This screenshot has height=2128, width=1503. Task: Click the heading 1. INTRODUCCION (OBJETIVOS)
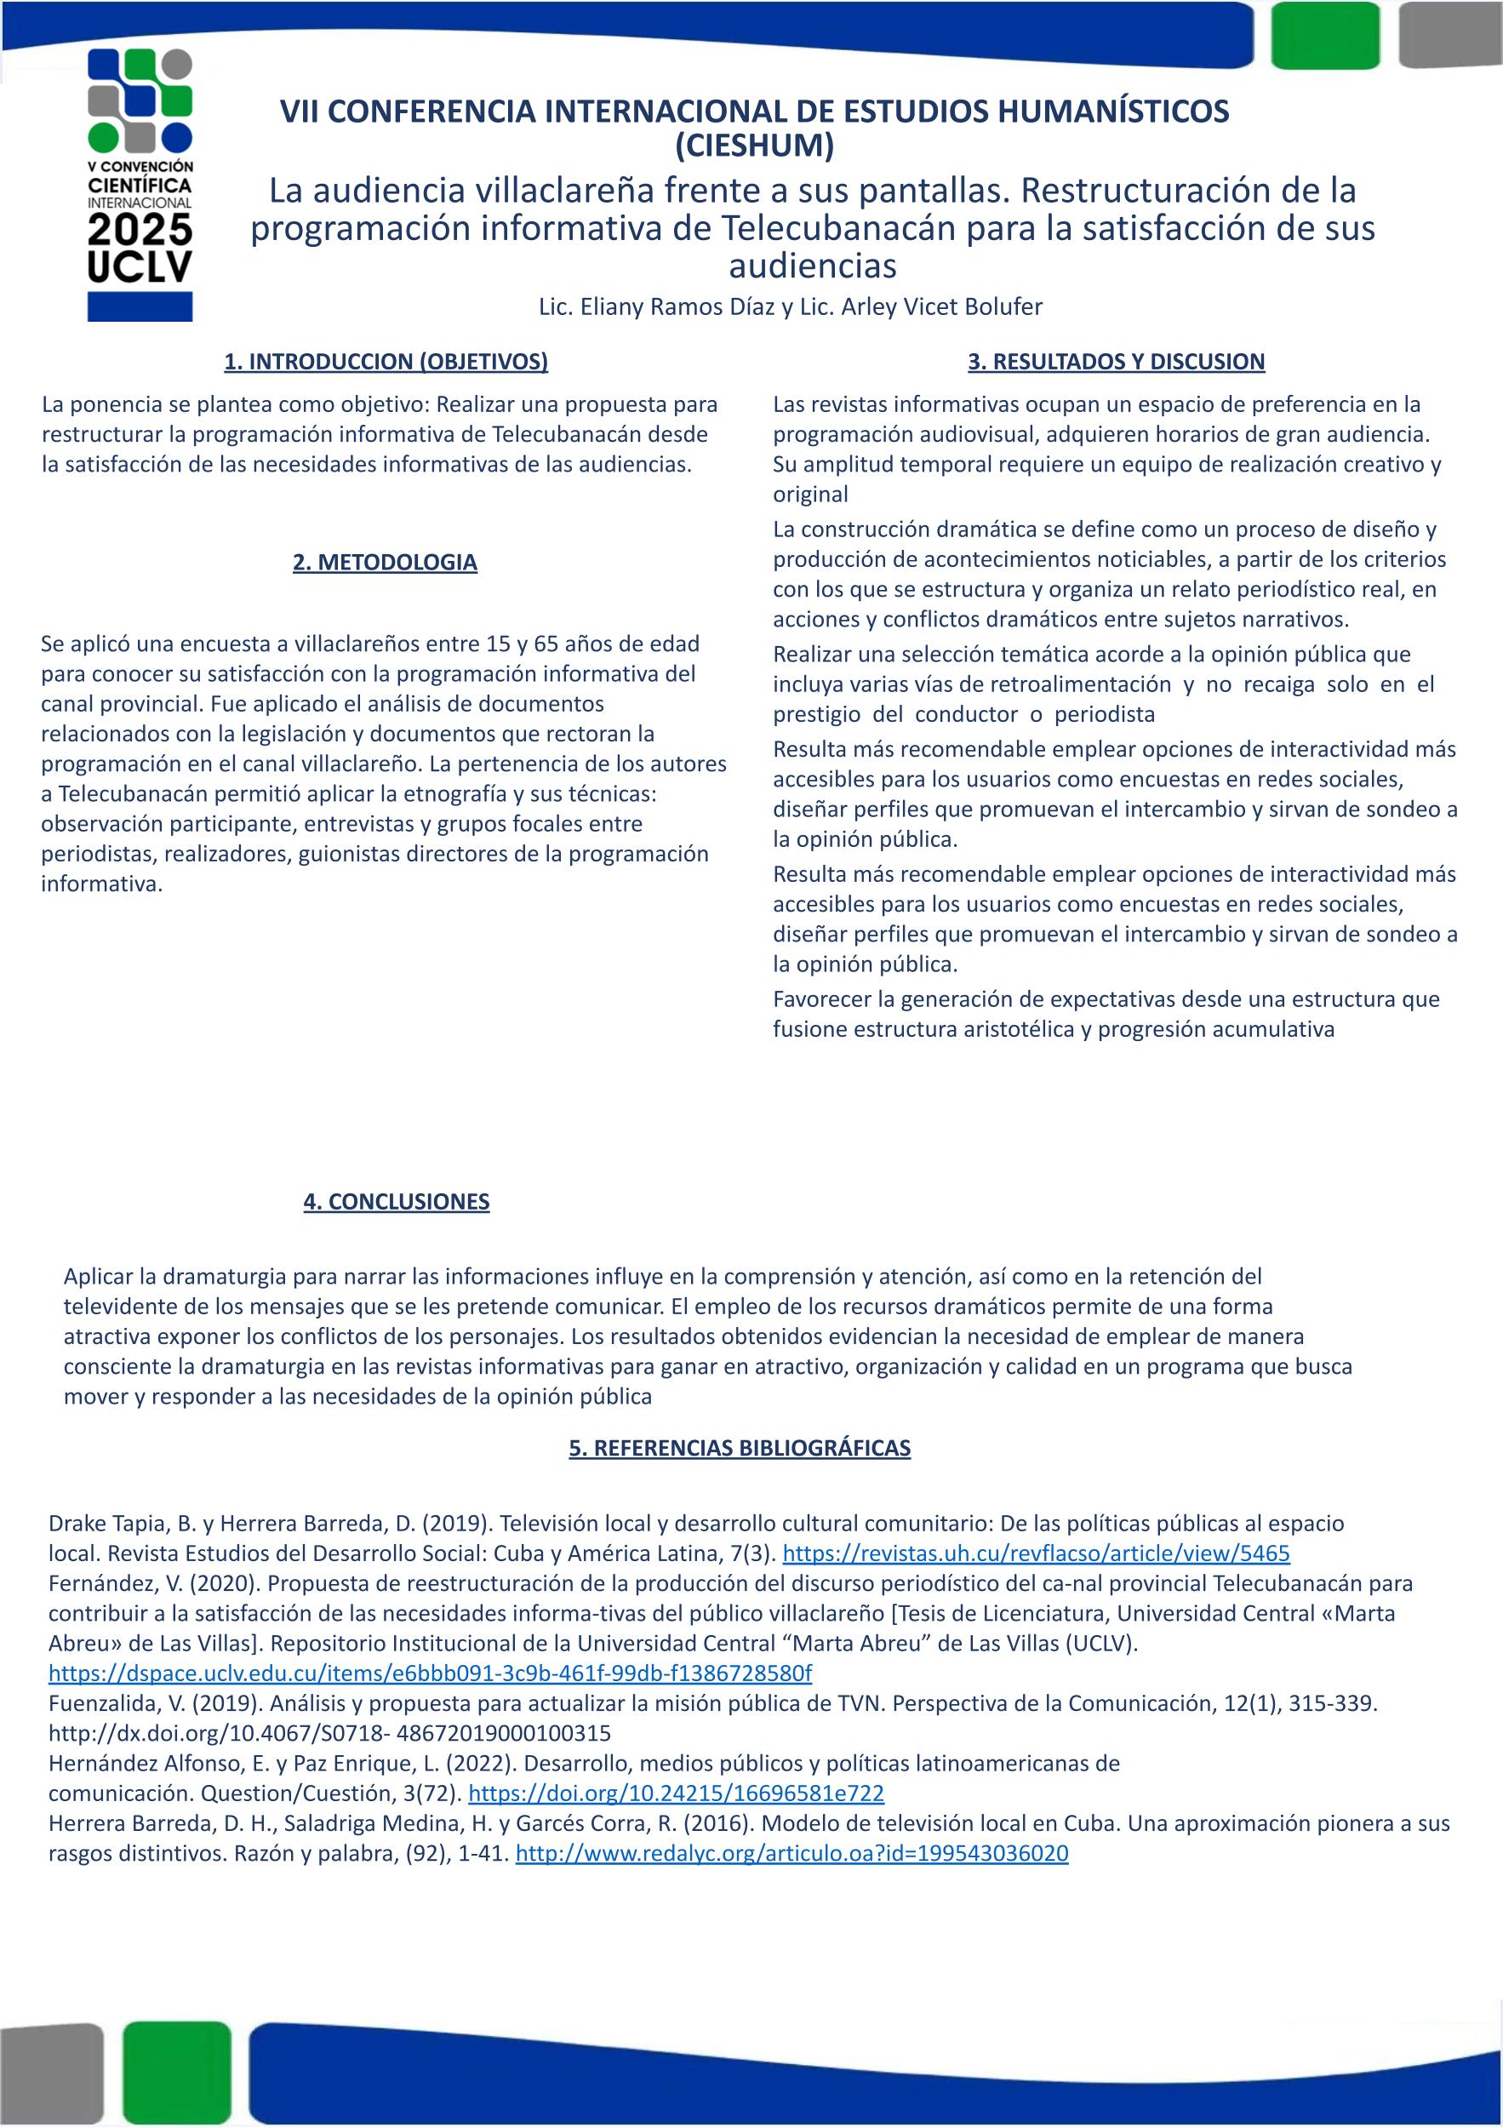pyautogui.click(x=386, y=362)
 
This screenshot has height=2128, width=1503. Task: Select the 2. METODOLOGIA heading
pyautogui.click(x=385, y=563)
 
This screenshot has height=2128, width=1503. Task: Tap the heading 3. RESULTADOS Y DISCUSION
pyautogui.click(x=1116, y=362)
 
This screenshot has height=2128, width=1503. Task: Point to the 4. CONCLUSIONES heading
pyautogui.click(x=396, y=1202)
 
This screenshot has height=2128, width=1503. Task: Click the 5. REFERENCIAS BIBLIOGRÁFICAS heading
pyautogui.click(x=740, y=1448)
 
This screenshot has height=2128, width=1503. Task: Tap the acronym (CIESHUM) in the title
pyautogui.click(x=754, y=145)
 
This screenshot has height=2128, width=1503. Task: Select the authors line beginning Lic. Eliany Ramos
pyautogui.click(x=791, y=306)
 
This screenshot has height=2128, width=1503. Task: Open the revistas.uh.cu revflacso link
pyautogui.click(x=1036, y=1553)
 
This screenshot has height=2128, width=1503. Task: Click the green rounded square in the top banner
pyautogui.click(x=1325, y=35)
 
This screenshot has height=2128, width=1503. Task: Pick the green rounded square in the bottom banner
pyautogui.click(x=176, y=2076)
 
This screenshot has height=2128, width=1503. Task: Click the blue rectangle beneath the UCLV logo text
pyautogui.click(x=140, y=306)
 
